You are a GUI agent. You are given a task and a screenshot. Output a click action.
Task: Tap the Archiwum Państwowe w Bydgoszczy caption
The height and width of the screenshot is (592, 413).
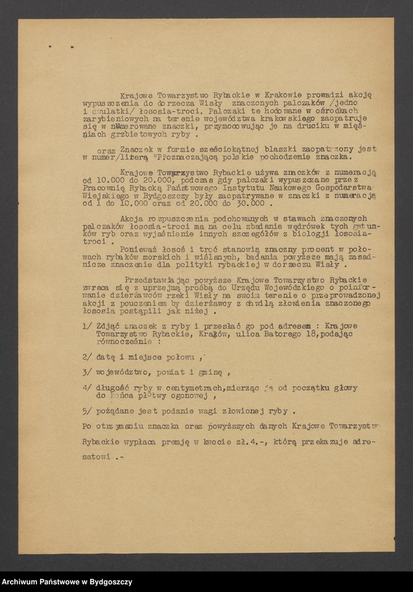point(67,581)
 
